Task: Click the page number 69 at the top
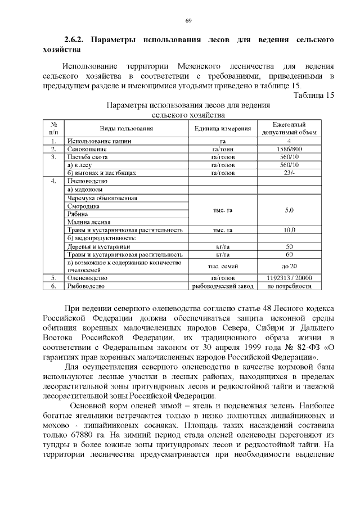tap(188, 21)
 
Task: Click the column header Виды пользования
tap(127, 128)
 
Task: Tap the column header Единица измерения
tap(222, 128)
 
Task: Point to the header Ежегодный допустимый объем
tap(289, 128)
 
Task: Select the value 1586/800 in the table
tap(289, 149)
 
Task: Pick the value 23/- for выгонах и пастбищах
tap(289, 173)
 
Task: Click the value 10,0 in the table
tap(289, 230)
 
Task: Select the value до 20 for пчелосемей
tap(289, 266)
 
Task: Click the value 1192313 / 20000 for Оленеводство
tap(289, 278)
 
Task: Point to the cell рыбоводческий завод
tap(222, 286)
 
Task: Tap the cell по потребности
tap(289, 286)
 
